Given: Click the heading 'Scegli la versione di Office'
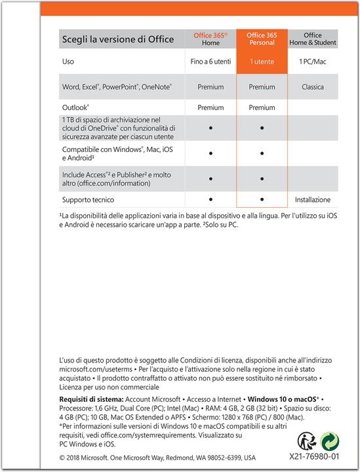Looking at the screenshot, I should coord(118,39).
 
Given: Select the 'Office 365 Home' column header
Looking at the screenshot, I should coord(210,39).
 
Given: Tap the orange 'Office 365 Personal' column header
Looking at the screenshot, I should coord(262,39).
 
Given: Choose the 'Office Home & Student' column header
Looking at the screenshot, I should coord(313,39).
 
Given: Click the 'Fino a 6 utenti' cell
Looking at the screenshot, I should coord(210,62).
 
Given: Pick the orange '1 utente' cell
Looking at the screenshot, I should coord(262,62).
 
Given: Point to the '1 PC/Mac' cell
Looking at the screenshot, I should coord(313,62).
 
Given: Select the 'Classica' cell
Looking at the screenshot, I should coord(313,87).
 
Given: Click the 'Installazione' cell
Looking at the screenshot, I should coord(313,199).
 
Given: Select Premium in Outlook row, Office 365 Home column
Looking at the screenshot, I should coord(210,107).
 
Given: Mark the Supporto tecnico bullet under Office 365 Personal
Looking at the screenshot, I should coord(262,198).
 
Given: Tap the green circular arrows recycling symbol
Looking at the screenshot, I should coord(330,441).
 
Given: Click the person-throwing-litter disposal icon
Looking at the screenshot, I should coord(306,441).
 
